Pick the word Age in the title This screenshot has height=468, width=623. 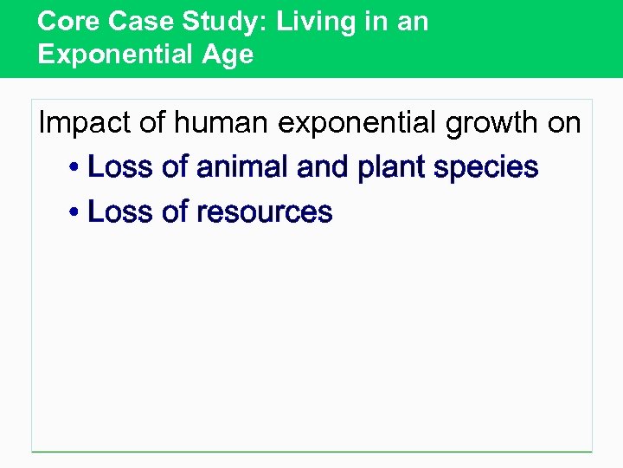click(x=227, y=55)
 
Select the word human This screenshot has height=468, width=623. click(x=222, y=123)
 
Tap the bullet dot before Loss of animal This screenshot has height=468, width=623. click(x=75, y=167)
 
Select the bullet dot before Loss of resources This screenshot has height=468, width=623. click(x=75, y=212)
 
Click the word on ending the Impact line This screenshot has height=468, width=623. click(x=564, y=123)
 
